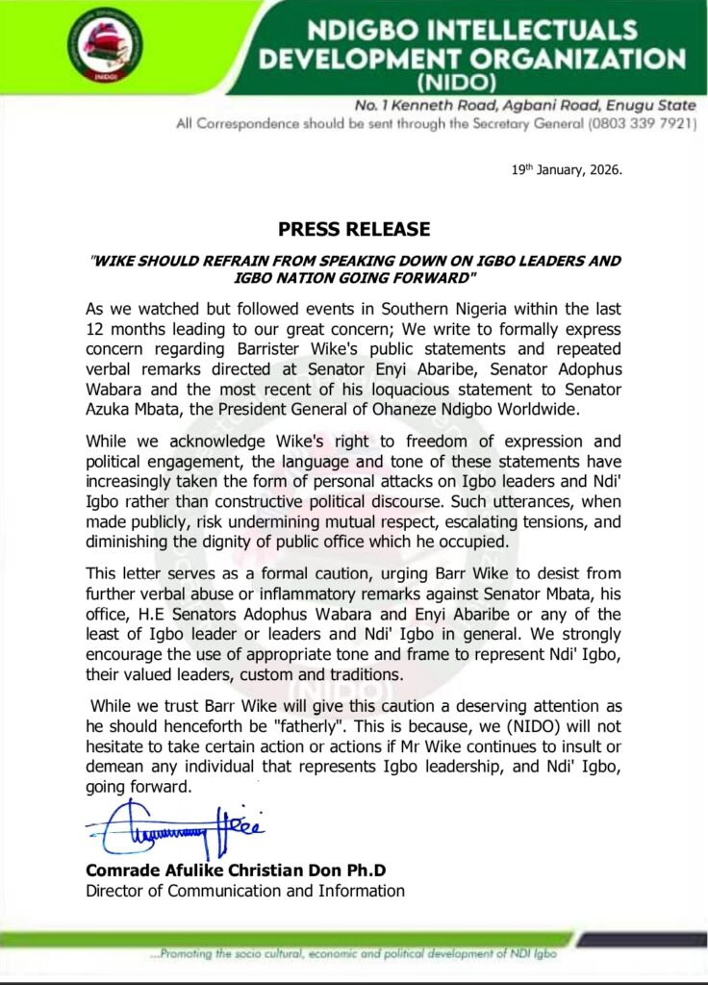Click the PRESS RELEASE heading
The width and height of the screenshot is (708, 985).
coord(353,230)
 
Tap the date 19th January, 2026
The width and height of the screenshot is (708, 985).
coord(567,170)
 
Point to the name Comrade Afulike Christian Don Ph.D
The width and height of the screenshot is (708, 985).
coord(236,871)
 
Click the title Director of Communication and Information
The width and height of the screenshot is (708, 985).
coord(245,891)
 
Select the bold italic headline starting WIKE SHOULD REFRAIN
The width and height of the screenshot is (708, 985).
coord(354,268)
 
